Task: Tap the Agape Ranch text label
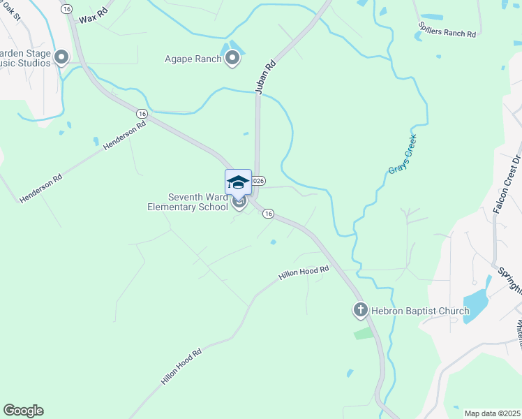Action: click(x=193, y=59)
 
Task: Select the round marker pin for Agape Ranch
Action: click(x=232, y=59)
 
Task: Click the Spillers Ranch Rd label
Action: click(x=447, y=28)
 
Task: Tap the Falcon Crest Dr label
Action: click(x=507, y=182)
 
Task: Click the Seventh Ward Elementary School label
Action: click(x=188, y=202)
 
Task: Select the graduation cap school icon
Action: click(x=238, y=182)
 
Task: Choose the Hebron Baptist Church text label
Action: click(x=410, y=309)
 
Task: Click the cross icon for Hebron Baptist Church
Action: click(x=360, y=309)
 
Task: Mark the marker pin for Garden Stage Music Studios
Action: click(x=61, y=57)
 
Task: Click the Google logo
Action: click(x=23, y=411)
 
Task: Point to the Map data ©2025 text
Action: click(x=493, y=413)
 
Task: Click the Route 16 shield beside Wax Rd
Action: click(x=66, y=8)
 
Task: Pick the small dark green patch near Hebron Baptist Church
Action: click(x=364, y=333)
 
